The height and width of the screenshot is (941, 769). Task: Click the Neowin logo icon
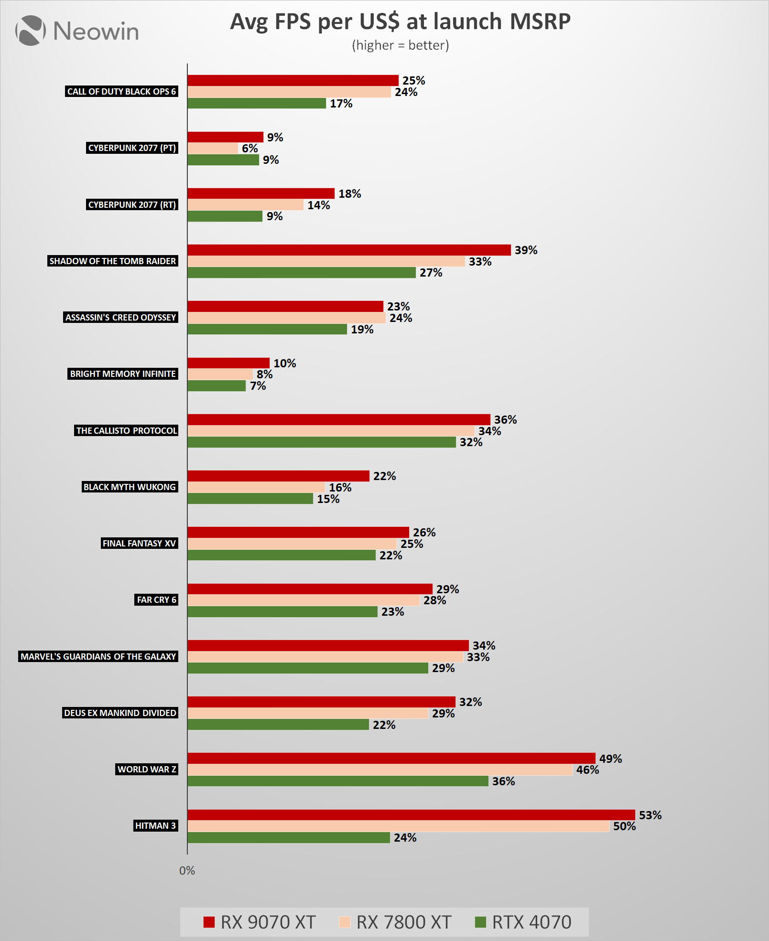click(31, 31)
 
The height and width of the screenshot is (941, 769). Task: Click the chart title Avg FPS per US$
click(400, 22)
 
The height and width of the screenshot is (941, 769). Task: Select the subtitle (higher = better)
click(400, 45)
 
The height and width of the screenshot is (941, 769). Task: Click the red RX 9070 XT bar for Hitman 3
click(411, 815)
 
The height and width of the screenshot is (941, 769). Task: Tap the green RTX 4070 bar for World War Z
click(337, 781)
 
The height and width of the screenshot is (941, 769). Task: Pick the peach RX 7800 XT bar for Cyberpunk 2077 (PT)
click(213, 149)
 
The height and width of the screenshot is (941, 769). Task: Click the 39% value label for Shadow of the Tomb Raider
click(526, 250)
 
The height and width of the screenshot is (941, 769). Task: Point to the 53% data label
click(650, 815)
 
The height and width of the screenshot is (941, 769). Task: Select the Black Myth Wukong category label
click(130, 487)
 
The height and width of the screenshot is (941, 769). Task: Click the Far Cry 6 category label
click(156, 599)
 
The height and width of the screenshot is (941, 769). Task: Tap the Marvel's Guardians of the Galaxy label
click(98, 656)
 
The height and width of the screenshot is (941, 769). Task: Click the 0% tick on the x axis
click(187, 871)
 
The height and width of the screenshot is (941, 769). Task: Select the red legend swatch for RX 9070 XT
click(209, 922)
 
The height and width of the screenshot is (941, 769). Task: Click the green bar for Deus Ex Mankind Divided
click(278, 725)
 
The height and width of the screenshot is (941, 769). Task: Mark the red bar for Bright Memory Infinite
click(228, 363)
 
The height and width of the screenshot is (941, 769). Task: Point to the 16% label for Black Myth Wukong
click(340, 487)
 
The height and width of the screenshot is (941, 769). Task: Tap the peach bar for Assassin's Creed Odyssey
click(286, 318)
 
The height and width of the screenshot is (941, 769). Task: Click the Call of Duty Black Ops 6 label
click(121, 91)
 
